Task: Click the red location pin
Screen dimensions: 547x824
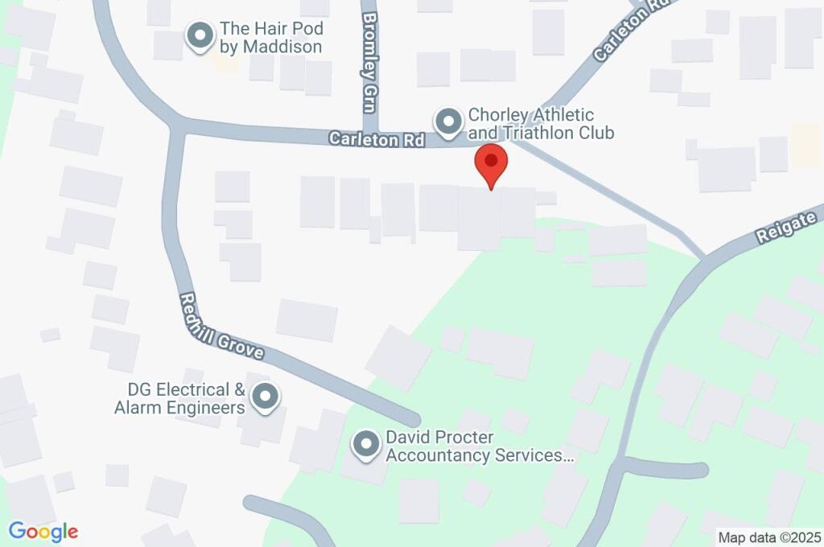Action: coord(491,164)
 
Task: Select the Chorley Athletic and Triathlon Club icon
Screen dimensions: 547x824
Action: coord(447,122)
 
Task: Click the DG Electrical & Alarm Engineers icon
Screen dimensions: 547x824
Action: coord(264,397)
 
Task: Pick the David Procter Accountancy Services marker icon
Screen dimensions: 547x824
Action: coord(366,445)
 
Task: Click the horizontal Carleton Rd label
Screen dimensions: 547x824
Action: coord(377,140)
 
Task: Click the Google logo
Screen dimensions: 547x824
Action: coord(43,532)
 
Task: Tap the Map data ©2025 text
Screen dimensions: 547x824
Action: coord(768,537)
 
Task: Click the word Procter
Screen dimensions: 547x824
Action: coord(463,438)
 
